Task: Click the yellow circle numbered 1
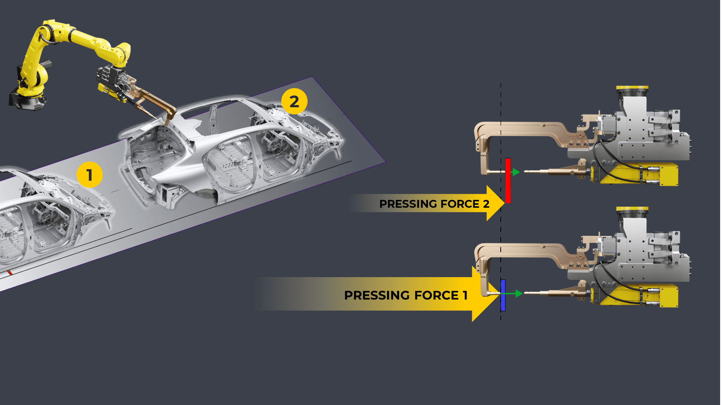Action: point(90,175)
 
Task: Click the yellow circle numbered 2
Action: point(294,101)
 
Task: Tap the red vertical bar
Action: point(508,181)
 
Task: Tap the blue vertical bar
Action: point(503,295)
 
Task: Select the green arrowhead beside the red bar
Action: point(516,172)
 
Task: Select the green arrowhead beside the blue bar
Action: point(519,293)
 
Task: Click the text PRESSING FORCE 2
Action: point(434,204)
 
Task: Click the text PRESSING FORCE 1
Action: point(406,295)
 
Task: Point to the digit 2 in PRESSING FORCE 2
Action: point(486,204)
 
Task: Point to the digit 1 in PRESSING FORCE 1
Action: point(465,295)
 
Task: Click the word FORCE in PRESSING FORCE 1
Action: point(437,295)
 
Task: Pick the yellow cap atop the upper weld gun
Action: point(632,89)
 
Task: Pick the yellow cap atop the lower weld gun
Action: point(632,210)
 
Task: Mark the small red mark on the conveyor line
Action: point(10,273)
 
